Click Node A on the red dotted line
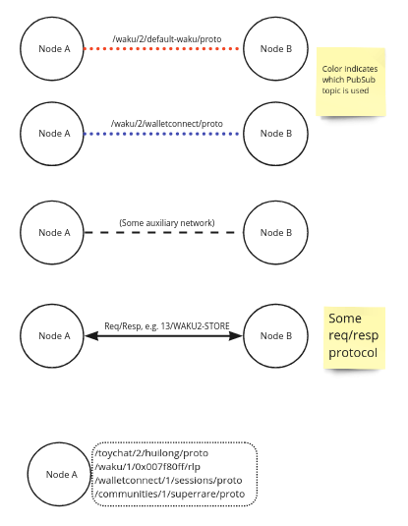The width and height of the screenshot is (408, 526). coord(53,48)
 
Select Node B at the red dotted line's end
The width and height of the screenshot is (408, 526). coord(275,48)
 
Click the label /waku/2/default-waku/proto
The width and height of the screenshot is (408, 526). coord(164,39)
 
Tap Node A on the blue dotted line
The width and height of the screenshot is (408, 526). coord(53,133)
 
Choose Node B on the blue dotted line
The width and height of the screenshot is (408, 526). coord(275,133)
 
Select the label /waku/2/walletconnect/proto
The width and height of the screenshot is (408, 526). coord(166,124)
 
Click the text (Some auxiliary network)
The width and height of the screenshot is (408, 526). coord(166,223)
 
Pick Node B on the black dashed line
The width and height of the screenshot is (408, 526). coord(275,233)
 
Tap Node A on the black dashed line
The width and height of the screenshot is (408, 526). coord(53,233)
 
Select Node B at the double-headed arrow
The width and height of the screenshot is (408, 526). coord(275,336)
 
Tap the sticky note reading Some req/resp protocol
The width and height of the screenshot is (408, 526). coord(355,337)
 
